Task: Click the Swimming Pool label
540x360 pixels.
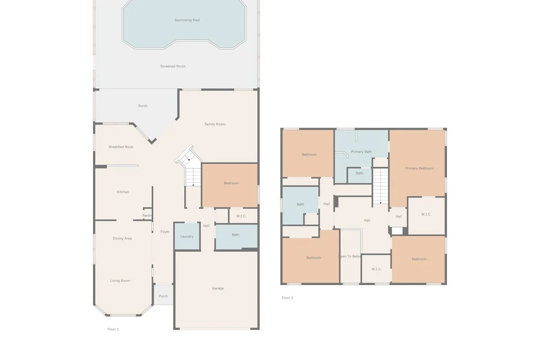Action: click(187, 20)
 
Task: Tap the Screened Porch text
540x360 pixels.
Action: click(173, 66)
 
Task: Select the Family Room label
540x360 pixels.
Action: click(215, 124)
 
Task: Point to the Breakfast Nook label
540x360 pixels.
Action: click(121, 147)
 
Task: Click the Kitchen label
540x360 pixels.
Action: click(123, 192)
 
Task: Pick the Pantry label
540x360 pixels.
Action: click(147, 216)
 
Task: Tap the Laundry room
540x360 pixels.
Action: click(187, 236)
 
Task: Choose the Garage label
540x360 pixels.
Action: click(218, 288)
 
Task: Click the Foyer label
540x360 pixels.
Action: click(165, 232)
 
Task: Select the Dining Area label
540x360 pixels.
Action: click(122, 238)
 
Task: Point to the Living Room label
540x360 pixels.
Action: click(120, 281)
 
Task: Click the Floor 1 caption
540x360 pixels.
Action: click(113, 329)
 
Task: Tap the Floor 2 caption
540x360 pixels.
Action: click(288, 298)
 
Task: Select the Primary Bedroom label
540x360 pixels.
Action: click(419, 168)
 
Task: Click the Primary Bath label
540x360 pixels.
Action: click(361, 152)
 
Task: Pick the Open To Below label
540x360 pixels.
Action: click(350, 256)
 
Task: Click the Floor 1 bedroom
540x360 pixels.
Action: click(231, 183)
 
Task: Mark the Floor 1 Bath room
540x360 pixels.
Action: click(236, 235)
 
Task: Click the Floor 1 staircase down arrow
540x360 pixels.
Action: click(193, 184)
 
